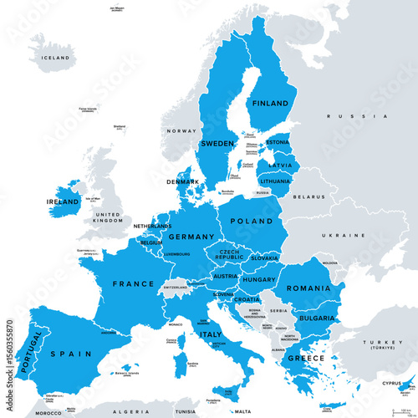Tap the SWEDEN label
click(x=217, y=144)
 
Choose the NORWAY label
click(x=180, y=131)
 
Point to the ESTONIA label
click(x=279, y=142)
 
